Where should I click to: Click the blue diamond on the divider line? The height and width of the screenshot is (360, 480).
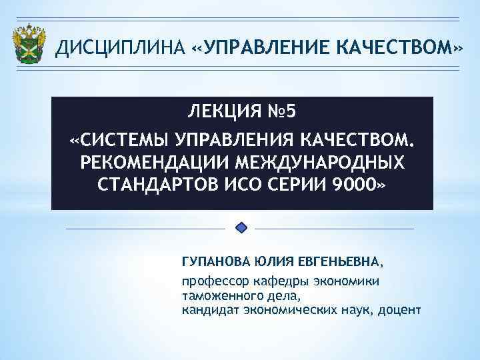[x=242, y=228]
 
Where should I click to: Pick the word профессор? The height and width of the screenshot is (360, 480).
[x=213, y=281]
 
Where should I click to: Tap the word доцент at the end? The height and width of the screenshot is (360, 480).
[x=401, y=309]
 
